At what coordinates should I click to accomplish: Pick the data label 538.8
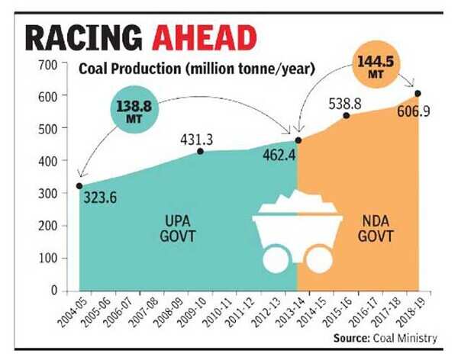347,101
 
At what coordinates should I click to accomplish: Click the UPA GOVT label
178,228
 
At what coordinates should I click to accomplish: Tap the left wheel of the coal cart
273,261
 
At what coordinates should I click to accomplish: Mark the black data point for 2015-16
347,115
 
